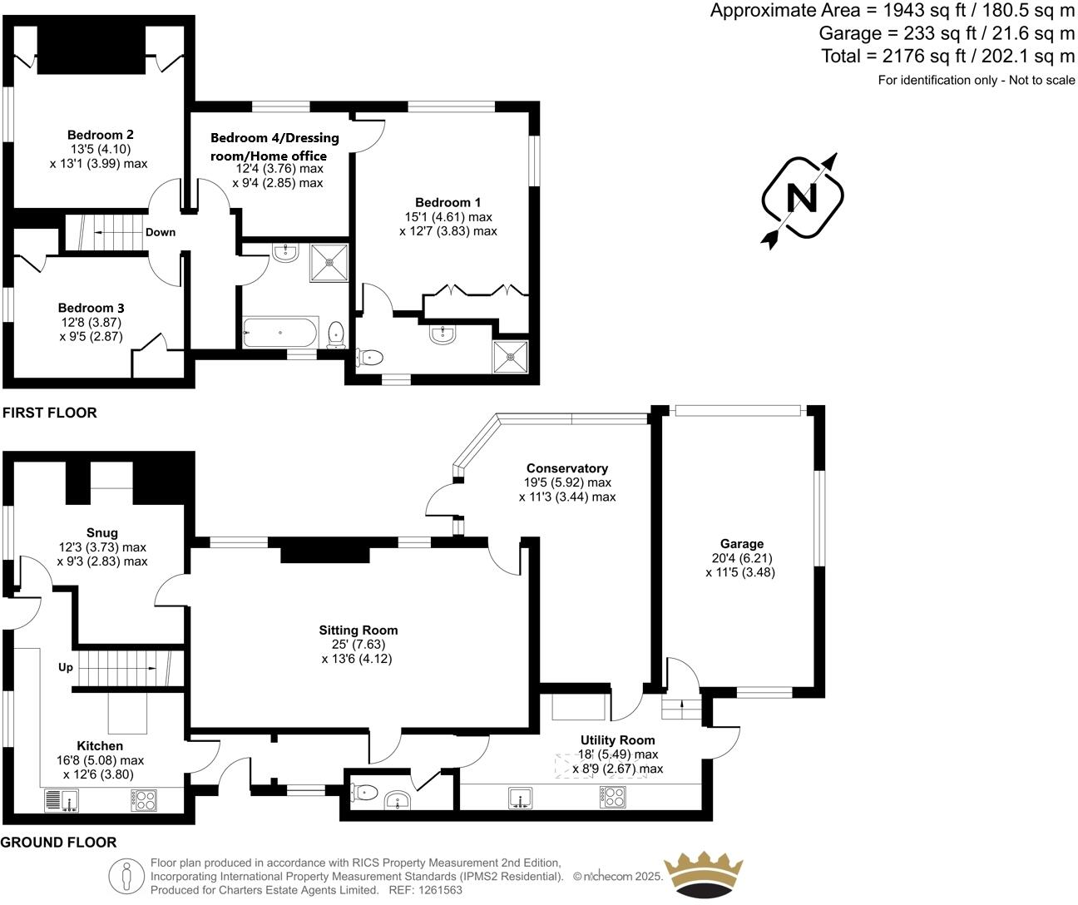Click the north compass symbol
802,198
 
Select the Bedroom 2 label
100,135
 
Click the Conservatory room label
566,468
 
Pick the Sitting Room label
359,631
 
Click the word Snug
101,532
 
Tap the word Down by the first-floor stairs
161,232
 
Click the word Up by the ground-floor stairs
66,667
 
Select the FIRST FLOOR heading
50,413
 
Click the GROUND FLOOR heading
58,842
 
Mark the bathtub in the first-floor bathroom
280,332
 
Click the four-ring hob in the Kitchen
144,800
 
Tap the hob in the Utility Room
611,798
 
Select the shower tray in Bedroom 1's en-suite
510,356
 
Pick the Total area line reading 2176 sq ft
947,56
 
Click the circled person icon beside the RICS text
126,875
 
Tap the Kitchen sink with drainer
60,800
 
